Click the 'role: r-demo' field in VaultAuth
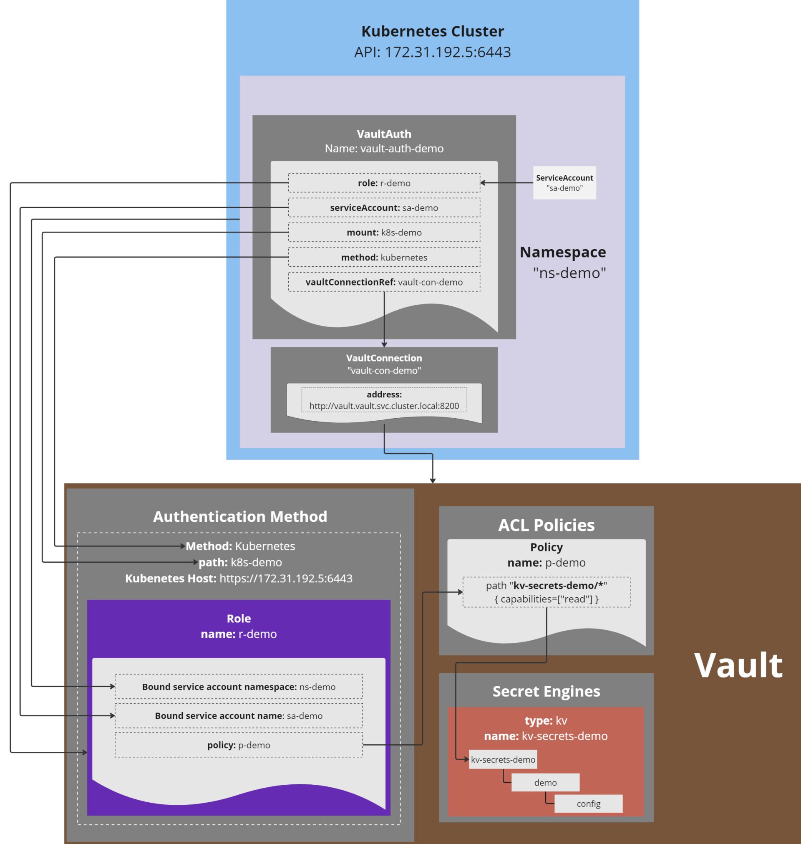click(x=384, y=183)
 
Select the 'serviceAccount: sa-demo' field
click(x=384, y=207)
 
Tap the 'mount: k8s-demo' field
click(x=384, y=232)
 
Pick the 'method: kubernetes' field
click(x=384, y=257)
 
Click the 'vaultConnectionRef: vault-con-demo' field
click(x=384, y=282)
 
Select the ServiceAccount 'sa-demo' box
click(x=564, y=183)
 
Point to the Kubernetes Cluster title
click(x=432, y=31)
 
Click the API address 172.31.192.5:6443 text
click(x=432, y=52)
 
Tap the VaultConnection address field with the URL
click(x=384, y=400)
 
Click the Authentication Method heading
click(x=240, y=516)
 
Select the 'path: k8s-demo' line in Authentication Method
click(x=240, y=562)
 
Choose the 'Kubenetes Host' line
click(x=239, y=579)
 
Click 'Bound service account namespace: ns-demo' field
click(x=239, y=687)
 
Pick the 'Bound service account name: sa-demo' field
click(x=239, y=716)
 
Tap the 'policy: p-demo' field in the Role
click(x=239, y=745)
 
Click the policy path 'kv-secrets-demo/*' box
click(x=546, y=592)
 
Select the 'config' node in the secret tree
click(x=588, y=804)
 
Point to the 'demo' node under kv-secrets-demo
click(x=545, y=783)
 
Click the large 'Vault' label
click(x=738, y=665)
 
